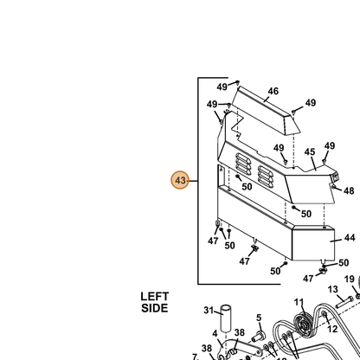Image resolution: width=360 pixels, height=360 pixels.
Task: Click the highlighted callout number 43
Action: pos(180,180)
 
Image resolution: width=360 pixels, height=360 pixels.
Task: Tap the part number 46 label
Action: pos(273,91)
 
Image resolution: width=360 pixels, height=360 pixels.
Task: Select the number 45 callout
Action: pos(310,151)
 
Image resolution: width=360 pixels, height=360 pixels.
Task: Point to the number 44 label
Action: pos(350,238)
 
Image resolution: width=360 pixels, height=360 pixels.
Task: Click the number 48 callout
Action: pos(349,190)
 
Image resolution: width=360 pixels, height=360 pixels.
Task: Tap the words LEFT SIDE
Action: pos(155,302)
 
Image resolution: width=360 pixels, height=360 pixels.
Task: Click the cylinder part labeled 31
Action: pos(226,318)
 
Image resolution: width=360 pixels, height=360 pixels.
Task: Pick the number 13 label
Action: pos(332,289)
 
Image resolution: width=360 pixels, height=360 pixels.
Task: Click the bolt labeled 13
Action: pos(344,302)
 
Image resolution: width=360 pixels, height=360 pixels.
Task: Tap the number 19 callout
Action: pos(349,279)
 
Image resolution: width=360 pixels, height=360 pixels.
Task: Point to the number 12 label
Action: pos(332,329)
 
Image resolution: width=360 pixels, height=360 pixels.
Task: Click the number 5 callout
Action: pos(259,318)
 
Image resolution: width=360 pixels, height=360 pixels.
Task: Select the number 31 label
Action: pos(209,310)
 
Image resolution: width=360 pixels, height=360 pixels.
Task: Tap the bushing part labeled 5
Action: pos(258,337)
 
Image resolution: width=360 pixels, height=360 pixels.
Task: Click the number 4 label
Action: pos(215,334)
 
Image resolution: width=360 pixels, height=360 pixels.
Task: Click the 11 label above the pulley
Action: pos(299,302)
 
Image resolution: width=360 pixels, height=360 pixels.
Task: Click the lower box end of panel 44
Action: pos(313,244)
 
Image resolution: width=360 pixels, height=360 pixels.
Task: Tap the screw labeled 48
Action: pos(333,187)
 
